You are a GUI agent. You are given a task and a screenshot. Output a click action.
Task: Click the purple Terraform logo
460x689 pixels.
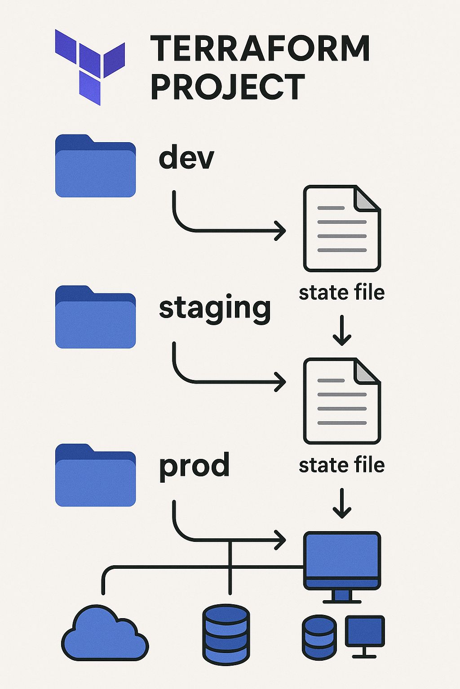coord(90,66)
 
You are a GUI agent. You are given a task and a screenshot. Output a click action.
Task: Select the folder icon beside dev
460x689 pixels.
coord(95,166)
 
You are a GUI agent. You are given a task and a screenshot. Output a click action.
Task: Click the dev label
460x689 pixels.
coord(186,157)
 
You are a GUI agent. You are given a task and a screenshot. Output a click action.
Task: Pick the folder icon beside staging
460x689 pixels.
coord(95,317)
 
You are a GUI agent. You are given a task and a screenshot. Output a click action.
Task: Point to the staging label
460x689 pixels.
coord(215,309)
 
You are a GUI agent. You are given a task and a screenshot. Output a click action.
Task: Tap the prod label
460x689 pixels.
coord(194,467)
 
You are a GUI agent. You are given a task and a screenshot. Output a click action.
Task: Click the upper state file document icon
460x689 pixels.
coord(342,229)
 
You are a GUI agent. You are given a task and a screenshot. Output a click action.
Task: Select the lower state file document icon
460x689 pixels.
coord(342,401)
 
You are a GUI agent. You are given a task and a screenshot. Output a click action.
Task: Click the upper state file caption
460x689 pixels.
coord(342,292)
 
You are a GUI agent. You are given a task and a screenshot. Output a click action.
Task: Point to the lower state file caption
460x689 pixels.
coord(342,465)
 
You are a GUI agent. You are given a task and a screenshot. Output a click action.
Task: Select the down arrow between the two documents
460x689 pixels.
coord(342,331)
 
